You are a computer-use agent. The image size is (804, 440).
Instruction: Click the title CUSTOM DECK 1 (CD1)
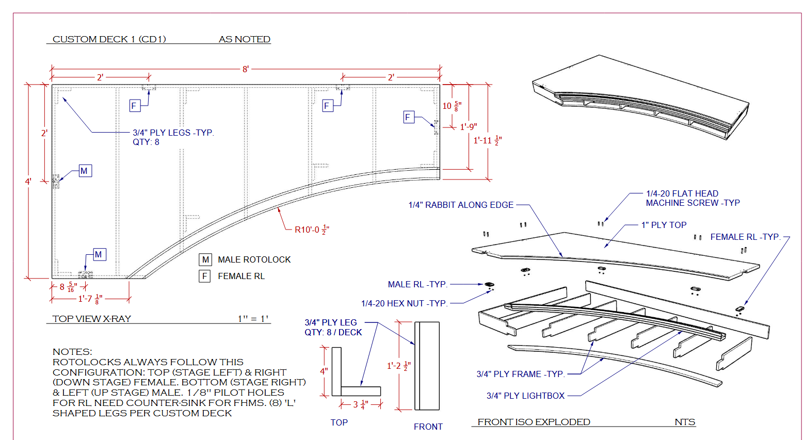[109, 39]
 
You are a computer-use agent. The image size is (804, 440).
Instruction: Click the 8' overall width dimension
[246, 69]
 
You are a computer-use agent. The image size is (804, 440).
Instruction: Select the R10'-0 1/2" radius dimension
[312, 230]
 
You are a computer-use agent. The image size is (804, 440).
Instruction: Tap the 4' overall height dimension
[28, 182]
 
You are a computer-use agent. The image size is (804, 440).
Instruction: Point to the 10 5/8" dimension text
[452, 106]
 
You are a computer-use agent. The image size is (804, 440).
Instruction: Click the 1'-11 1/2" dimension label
[487, 140]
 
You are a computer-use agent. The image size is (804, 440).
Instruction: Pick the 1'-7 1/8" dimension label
[90, 299]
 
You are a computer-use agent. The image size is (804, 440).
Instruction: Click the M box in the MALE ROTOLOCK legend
[205, 259]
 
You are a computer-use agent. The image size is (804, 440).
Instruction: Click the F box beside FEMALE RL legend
[205, 276]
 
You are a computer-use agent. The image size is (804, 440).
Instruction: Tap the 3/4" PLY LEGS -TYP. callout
[173, 133]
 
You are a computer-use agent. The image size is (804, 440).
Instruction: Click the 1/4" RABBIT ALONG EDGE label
[461, 205]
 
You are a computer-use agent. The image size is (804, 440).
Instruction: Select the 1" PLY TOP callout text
[664, 225]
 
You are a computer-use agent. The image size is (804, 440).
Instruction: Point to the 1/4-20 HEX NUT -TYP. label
[404, 303]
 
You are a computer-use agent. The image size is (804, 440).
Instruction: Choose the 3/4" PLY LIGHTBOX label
[525, 396]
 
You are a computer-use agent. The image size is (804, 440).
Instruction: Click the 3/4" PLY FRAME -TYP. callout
[520, 374]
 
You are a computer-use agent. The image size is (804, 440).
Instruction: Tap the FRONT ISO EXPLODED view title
[534, 422]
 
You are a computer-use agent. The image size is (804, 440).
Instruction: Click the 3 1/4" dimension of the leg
[360, 404]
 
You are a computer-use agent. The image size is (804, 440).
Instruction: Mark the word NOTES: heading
[72, 352]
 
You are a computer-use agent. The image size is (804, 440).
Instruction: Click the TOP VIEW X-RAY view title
[92, 319]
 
